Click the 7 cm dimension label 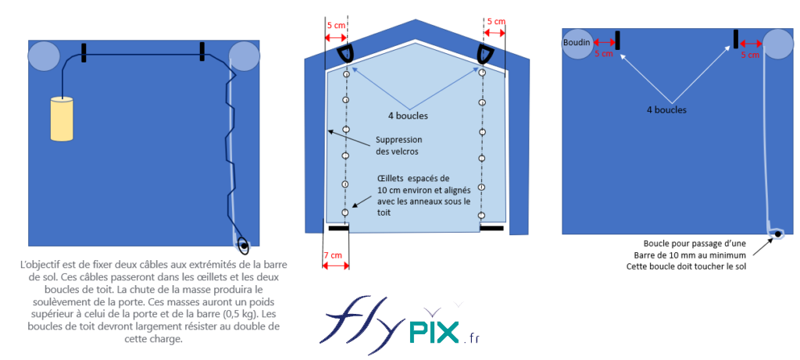[x=332, y=255]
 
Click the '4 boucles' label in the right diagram [x=666, y=110]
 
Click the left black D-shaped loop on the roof [x=345, y=54]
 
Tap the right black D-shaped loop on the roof [x=484, y=54]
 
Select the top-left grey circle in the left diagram [x=44, y=56]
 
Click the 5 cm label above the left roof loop [x=336, y=25]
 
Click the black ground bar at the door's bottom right [x=491, y=229]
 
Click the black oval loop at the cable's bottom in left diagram [x=244, y=247]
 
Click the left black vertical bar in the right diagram [x=617, y=40]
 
